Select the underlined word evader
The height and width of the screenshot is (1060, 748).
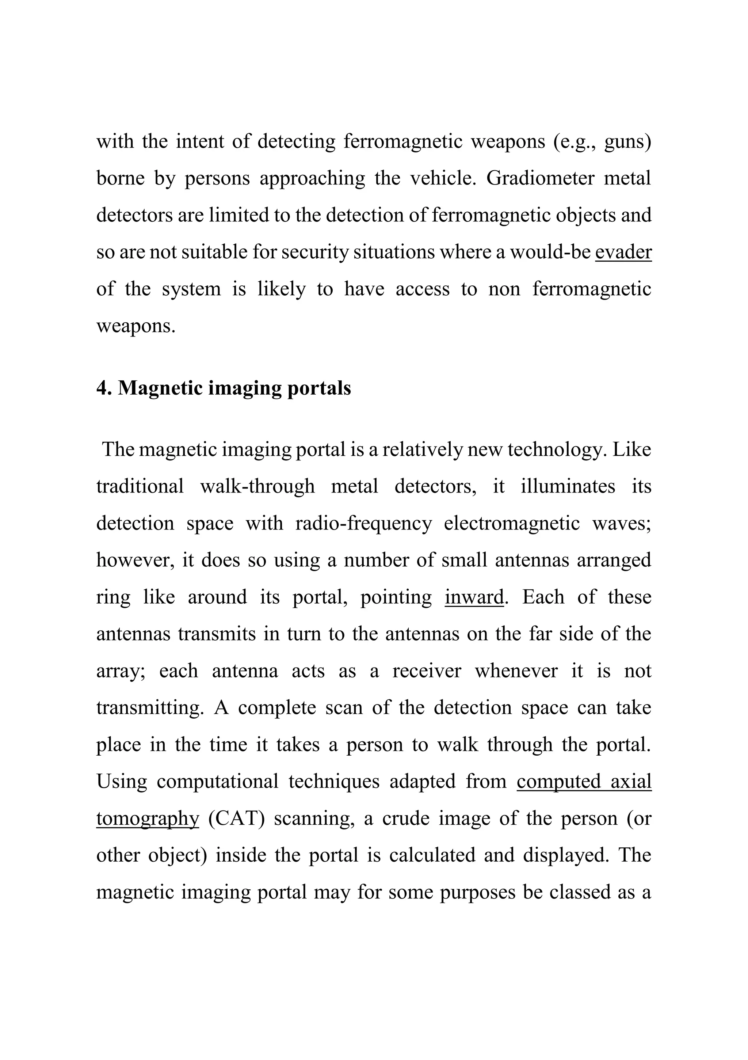pyautogui.click(x=623, y=252)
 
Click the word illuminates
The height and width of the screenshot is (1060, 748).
pyautogui.click(x=568, y=486)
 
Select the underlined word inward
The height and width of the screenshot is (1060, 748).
pyautogui.click(x=474, y=597)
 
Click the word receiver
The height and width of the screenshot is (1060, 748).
pyautogui.click(x=426, y=671)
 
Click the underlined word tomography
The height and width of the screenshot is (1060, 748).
pyautogui.click(x=147, y=818)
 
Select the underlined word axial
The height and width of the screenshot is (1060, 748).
pyautogui.click(x=631, y=782)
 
